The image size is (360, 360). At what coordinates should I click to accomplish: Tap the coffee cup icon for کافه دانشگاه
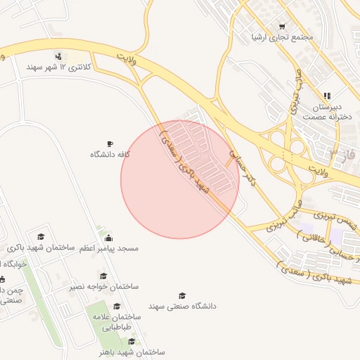click(x=110, y=143)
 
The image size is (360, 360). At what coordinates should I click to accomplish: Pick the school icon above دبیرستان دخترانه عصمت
click(x=326, y=96)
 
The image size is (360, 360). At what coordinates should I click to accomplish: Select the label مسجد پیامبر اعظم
click(x=109, y=248)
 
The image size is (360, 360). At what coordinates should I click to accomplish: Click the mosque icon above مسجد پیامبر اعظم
click(x=108, y=237)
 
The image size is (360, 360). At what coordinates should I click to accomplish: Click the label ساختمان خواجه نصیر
click(x=104, y=287)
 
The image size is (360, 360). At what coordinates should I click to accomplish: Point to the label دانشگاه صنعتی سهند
click(x=182, y=307)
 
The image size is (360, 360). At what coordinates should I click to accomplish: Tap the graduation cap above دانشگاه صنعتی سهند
click(x=182, y=296)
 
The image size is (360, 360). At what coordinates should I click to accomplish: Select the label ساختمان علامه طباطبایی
click(x=117, y=322)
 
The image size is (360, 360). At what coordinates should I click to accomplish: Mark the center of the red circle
click(x=180, y=179)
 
